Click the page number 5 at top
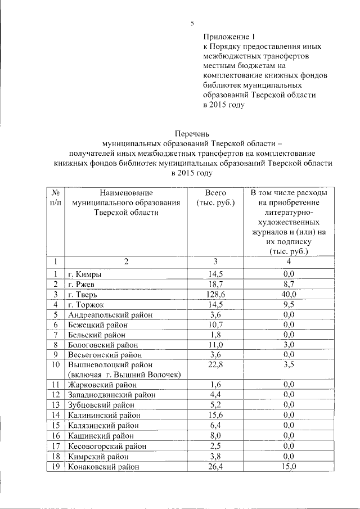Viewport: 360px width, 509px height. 192,23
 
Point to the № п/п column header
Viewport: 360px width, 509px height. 55,197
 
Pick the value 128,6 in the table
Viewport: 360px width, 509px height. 215,294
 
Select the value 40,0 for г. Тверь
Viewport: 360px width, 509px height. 289,294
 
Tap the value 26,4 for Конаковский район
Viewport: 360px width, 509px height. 215,466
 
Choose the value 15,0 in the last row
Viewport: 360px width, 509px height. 289,466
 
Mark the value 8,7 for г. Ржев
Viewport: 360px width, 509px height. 289,284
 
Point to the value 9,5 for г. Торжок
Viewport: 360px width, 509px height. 289,304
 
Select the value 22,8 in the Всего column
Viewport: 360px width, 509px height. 215,364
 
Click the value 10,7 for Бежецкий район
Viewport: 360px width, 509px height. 215,325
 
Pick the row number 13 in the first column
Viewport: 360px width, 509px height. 55,404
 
